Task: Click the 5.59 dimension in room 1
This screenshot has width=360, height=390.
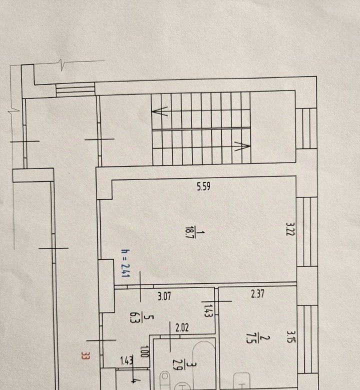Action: [203, 186]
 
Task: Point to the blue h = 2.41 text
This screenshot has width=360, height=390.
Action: [125, 263]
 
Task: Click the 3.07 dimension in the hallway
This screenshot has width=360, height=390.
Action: [164, 296]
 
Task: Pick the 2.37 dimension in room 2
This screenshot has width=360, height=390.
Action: [257, 294]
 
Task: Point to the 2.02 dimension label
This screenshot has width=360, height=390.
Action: [182, 328]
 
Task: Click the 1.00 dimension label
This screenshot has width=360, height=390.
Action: [144, 351]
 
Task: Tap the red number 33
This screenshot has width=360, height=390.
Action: [85, 356]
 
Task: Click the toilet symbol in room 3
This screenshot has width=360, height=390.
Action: [164, 380]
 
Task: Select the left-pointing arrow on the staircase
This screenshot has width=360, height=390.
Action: [159, 111]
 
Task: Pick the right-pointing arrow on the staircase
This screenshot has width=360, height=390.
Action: [242, 146]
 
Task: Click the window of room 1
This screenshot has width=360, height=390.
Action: [307, 232]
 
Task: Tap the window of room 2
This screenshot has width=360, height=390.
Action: [307, 339]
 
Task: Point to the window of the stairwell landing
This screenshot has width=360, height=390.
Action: [306, 128]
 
